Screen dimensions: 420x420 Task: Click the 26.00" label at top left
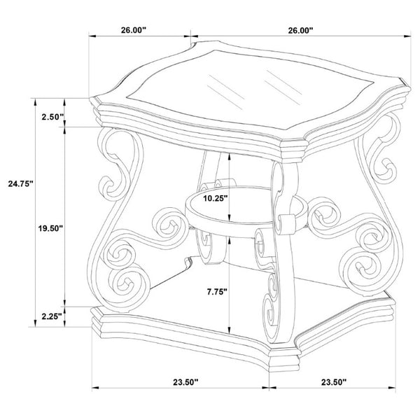[x=134, y=30]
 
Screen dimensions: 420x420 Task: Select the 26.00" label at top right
[x=300, y=30]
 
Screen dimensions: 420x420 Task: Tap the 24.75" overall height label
[x=20, y=183]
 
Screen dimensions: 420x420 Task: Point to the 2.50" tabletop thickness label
[x=52, y=117]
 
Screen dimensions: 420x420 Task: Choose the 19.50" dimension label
[x=50, y=228]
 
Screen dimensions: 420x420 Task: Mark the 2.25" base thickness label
[x=52, y=316]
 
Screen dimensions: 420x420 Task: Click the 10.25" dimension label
[x=216, y=198]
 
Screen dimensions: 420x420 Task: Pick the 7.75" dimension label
[x=217, y=292]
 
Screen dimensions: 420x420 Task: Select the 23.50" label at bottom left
[x=185, y=382]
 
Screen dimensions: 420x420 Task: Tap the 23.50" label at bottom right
[x=334, y=382]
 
